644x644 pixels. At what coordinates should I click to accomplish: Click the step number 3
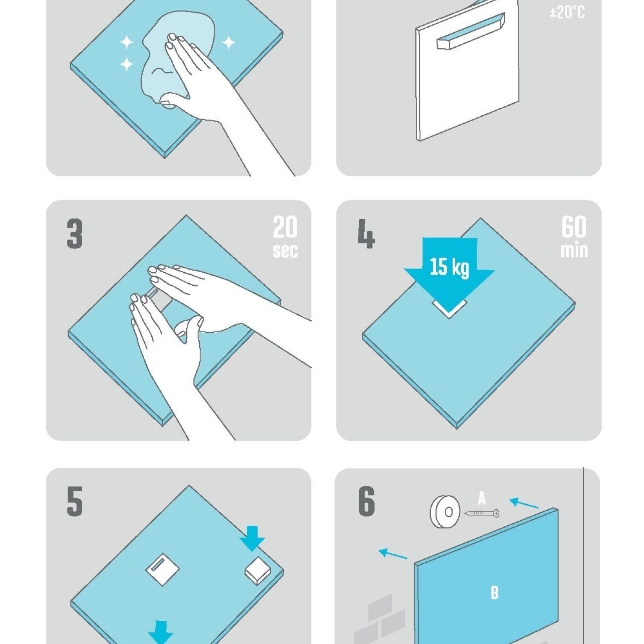[x=75, y=234]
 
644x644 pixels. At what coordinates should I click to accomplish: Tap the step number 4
[x=366, y=234]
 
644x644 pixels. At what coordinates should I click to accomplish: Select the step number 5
[x=75, y=501]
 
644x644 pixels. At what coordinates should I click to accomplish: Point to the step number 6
[x=366, y=501]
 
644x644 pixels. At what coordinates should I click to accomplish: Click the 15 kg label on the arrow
[x=449, y=267]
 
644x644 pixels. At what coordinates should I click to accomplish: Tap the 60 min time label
[x=574, y=237]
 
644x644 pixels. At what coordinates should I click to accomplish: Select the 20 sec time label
[x=285, y=237]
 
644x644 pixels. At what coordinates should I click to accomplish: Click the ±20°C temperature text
[x=567, y=12]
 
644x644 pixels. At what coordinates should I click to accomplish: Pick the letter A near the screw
[x=482, y=498]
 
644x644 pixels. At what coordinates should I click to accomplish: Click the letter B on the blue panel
[x=495, y=592]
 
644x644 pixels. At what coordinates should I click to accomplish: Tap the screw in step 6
[x=482, y=513]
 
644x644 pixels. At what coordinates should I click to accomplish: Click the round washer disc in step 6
[x=445, y=512]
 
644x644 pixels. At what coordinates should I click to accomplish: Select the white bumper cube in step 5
[x=258, y=570]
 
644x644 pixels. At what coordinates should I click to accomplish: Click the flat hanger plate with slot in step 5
[x=162, y=569]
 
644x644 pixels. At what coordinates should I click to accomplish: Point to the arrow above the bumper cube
[x=252, y=538]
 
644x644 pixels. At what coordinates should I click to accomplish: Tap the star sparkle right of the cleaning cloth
[x=228, y=42]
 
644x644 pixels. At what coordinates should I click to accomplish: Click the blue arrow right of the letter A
[x=524, y=503]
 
